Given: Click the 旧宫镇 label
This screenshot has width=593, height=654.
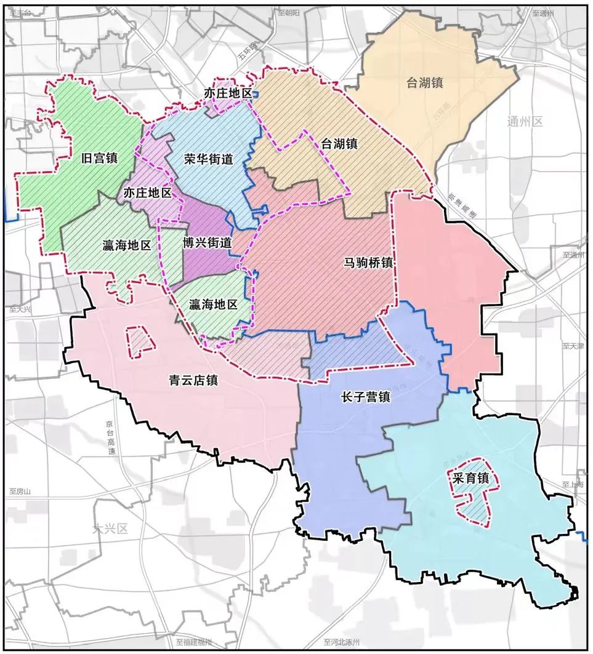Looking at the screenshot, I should pos(99,158).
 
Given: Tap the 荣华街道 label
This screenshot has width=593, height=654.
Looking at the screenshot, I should pos(209,159).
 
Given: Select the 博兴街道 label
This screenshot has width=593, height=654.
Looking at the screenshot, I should pos(208,242).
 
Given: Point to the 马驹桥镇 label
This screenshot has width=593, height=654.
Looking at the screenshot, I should pos(368,262).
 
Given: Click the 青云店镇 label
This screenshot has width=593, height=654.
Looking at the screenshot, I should pos(194,380).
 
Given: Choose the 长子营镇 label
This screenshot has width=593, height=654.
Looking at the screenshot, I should pos(365,397).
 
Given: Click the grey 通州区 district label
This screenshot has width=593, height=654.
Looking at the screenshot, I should pos(525,121).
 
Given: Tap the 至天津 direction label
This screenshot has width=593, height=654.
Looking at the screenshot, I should pos(573,347).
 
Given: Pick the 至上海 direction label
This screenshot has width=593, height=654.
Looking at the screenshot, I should pos(572,485).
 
